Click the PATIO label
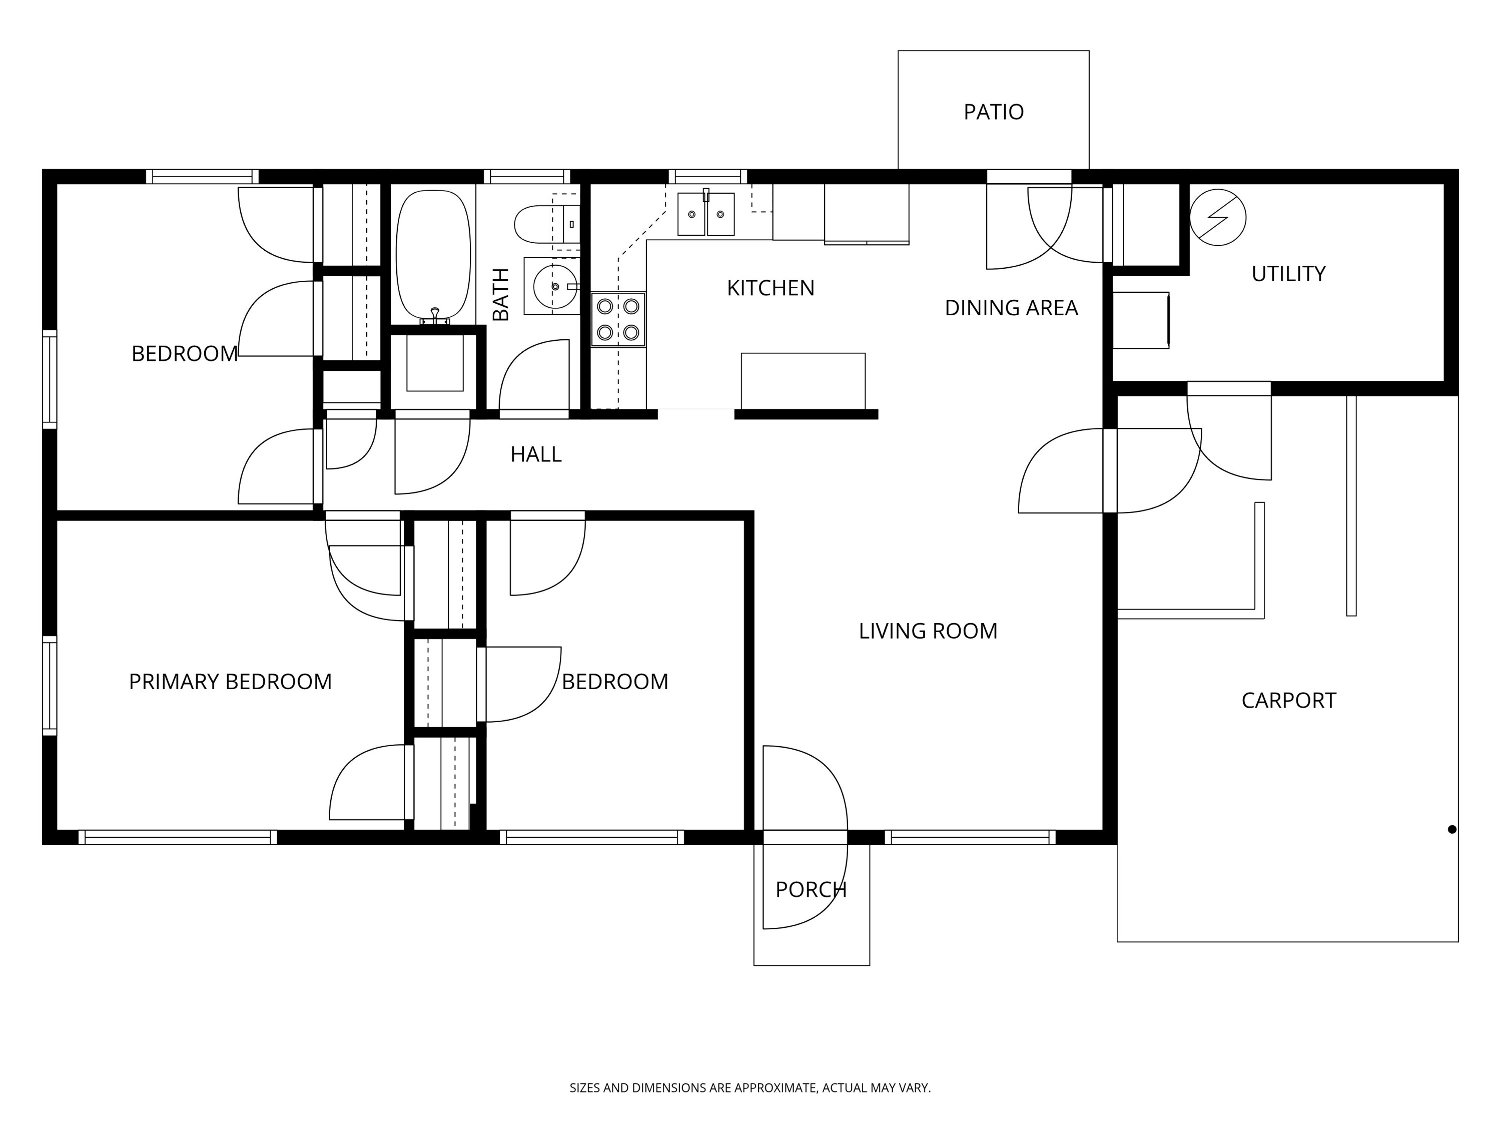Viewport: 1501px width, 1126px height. pyautogui.click(x=994, y=112)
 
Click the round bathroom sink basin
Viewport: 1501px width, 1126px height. pyautogui.click(x=554, y=286)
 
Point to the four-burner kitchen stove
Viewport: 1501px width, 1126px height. pyautogui.click(x=617, y=320)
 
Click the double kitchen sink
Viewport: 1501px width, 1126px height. pyautogui.click(x=705, y=214)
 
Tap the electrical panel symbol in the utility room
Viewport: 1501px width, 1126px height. pyautogui.click(x=1217, y=217)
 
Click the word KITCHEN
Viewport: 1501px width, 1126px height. pyautogui.click(x=770, y=288)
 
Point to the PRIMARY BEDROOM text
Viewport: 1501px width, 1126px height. pyautogui.click(x=230, y=682)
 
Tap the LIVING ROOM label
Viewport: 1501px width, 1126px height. pyautogui.click(x=928, y=631)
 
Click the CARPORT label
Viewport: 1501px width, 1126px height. pyautogui.click(x=1288, y=701)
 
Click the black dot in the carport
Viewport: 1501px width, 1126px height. pyautogui.click(x=1451, y=829)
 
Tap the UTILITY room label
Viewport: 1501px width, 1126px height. pyautogui.click(x=1288, y=274)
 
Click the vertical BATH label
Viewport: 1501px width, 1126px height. pyautogui.click(x=500, y=295)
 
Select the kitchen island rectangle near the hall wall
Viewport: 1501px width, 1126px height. pyautogui.click(x=803, y=381)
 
